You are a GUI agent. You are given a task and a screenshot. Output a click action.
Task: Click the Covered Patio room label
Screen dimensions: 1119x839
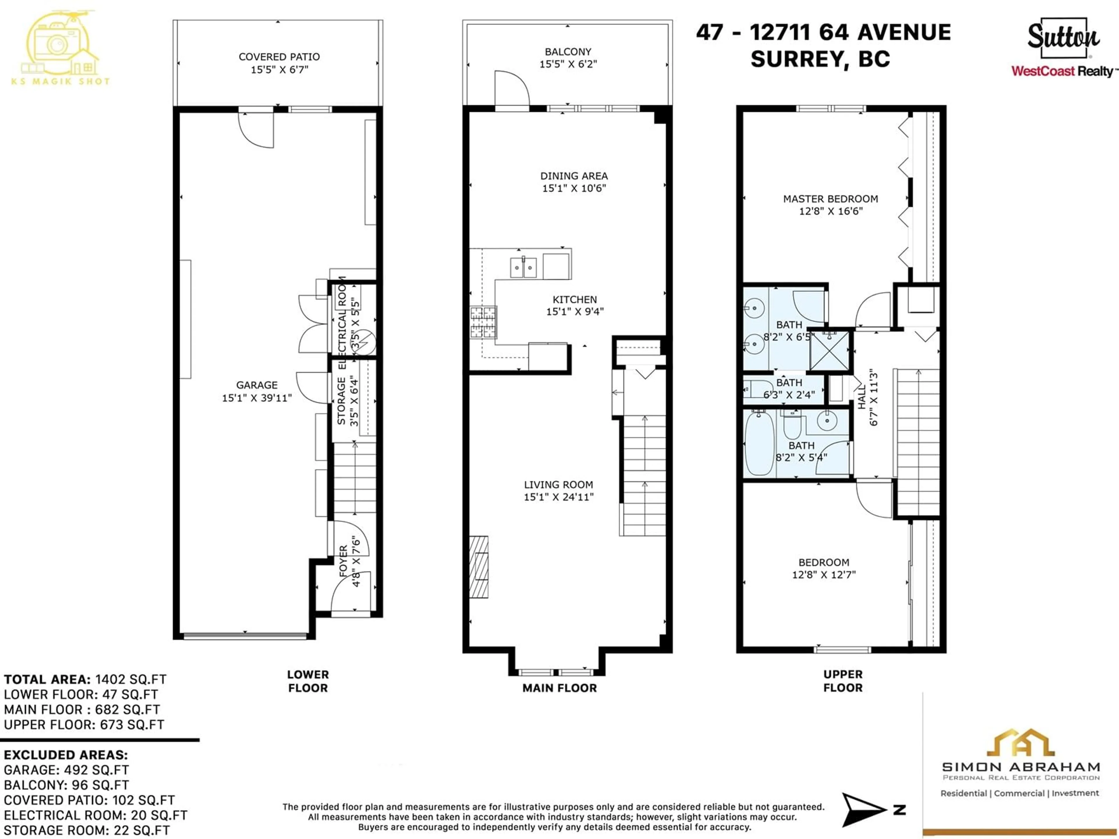[x=279, y=57]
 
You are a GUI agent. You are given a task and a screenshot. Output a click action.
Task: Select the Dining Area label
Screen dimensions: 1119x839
[x=574, y=176]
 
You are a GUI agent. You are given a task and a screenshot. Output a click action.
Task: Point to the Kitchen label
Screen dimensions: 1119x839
[x=575, y=299]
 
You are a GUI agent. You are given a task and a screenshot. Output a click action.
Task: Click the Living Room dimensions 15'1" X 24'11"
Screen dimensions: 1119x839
[x=559, y=497]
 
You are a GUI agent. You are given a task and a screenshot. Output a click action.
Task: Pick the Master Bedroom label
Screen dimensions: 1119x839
[x=831, y=199]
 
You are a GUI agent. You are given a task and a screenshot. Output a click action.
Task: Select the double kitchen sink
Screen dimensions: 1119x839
[x=523, y=267]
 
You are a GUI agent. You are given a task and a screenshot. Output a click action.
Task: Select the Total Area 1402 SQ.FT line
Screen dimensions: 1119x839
[x=85, y=679]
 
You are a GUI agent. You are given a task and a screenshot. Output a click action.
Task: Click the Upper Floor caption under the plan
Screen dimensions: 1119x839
[x=843, y=681]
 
